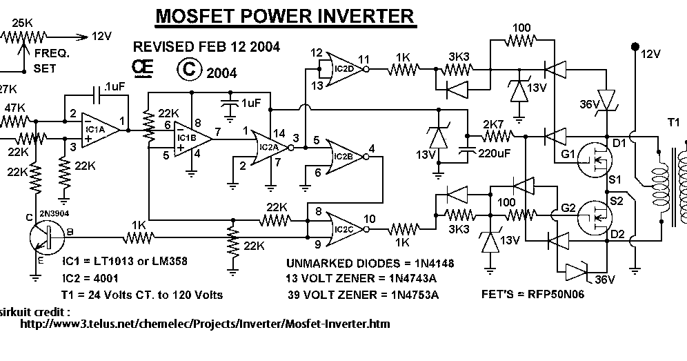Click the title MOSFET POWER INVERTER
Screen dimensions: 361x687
[284, 15]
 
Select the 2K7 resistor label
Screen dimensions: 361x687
[493, 124]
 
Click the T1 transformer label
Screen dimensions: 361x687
[673, 122]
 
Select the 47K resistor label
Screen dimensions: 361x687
[14, 108]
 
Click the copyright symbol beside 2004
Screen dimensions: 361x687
[188, 71]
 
